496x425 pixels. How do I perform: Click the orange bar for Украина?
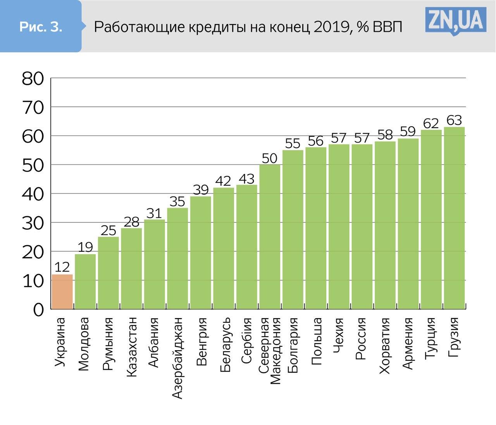[x=62, y=292]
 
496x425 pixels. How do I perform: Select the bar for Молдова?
[x=85, y=282]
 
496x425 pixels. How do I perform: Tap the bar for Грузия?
[x=454, y=218]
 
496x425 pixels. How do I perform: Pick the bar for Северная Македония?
[x=270, y=237]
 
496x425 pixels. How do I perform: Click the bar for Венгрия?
[x=200, y=253]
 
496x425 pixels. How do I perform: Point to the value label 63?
[x=454, y=120]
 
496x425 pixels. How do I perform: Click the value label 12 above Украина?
[x=62, y=267]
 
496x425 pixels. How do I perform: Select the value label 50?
[x=270, y=158]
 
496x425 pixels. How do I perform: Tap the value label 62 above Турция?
[x=431, y=123]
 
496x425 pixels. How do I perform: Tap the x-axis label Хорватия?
[x=385, y=346]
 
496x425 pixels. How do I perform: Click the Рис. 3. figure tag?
[x=41, y=27]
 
